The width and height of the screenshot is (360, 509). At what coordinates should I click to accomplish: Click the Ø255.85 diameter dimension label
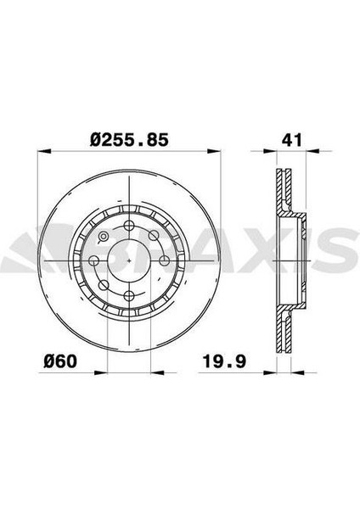[x=129, y=140]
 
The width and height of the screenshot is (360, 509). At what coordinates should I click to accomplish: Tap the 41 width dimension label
[x=292, y=140]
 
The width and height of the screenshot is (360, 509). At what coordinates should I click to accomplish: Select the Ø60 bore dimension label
[x=60, y=361]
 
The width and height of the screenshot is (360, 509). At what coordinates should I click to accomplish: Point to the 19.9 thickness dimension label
[x=224, y=361]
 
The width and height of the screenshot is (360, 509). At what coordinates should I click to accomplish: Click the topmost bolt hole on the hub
[x=129, y=225]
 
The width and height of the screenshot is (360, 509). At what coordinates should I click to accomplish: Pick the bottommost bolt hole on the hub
[x=129, y=295]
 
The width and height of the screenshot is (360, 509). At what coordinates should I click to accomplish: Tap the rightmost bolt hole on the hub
[x=165, y=260]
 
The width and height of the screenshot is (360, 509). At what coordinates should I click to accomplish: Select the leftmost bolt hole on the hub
[x=94, y=260]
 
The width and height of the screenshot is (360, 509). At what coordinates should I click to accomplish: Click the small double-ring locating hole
[x=104, y=237]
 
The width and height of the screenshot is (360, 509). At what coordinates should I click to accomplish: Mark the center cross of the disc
[x=129, y=260]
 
